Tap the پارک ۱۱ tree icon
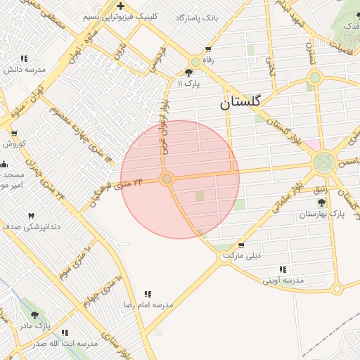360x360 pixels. tap(189, 72)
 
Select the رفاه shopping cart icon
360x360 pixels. tap(207, 49)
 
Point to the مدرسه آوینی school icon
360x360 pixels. tap(283, 269)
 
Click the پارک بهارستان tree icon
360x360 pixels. tap(322, 202)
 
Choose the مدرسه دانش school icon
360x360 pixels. tap(25, 59)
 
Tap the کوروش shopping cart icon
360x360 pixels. tap(13, 134)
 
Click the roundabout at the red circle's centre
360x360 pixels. tap(167, 179)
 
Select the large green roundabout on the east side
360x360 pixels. tap(323, 163)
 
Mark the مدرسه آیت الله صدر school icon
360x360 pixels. tap(65, 333)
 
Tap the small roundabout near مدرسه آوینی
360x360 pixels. tap(337, 288)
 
